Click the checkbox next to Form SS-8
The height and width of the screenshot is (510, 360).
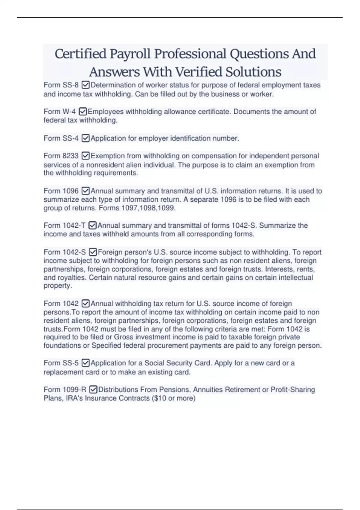click(x=85, y=85)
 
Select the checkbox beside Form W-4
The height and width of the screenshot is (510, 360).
click(x=82, y=112)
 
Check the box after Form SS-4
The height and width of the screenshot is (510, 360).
click(x=85, y=138)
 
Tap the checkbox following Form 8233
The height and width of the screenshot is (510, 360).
click(x=85, y=156)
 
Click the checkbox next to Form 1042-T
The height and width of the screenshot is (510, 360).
click(x=92, y=226)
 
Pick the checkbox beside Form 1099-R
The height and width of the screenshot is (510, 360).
click(x=93, y=390)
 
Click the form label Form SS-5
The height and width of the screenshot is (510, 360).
click(x=61, y=363)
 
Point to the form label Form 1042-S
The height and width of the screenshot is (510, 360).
click(x=64, y=252)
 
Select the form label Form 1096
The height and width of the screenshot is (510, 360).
click(x=61, y=191)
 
